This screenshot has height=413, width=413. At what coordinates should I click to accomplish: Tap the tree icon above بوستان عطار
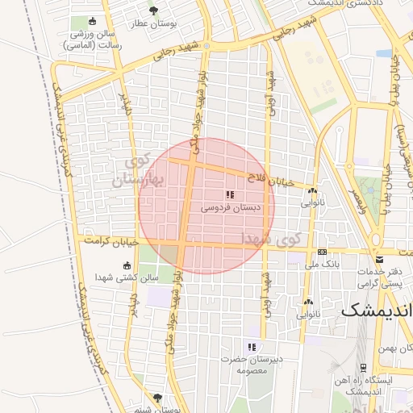point(154,10)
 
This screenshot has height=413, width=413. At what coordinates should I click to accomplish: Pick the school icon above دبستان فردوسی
point(230,194)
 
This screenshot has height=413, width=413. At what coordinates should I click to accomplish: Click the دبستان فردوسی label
point(230,208)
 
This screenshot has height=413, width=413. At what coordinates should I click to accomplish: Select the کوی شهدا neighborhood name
point(271,239)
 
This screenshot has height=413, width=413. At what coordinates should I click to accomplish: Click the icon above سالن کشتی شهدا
point(127,265)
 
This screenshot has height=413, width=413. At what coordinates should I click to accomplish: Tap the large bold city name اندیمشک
point(377,310)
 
